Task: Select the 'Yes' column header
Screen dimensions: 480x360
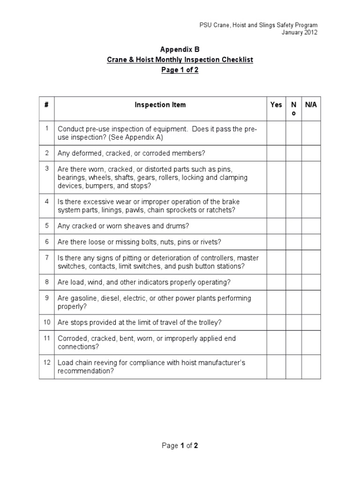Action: click(276, 105)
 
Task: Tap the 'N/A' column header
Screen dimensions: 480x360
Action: click(311, 105)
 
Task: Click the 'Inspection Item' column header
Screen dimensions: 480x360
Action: click(160, 105)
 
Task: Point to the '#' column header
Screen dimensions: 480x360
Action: click(46, 105)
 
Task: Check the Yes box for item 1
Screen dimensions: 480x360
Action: click(276, 134)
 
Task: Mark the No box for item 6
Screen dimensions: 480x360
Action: click(294, 242)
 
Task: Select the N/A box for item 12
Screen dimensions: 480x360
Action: click(311, 367)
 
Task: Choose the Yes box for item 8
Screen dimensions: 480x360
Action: click(276, 282)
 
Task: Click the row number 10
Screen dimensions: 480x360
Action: click(46, 322)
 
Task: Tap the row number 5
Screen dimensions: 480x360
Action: click(46, 225)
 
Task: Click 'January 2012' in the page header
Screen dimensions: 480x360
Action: click(299, 33)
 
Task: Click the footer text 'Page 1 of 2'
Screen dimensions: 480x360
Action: click(180, 445)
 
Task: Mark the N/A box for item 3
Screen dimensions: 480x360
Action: click(311, 177)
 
